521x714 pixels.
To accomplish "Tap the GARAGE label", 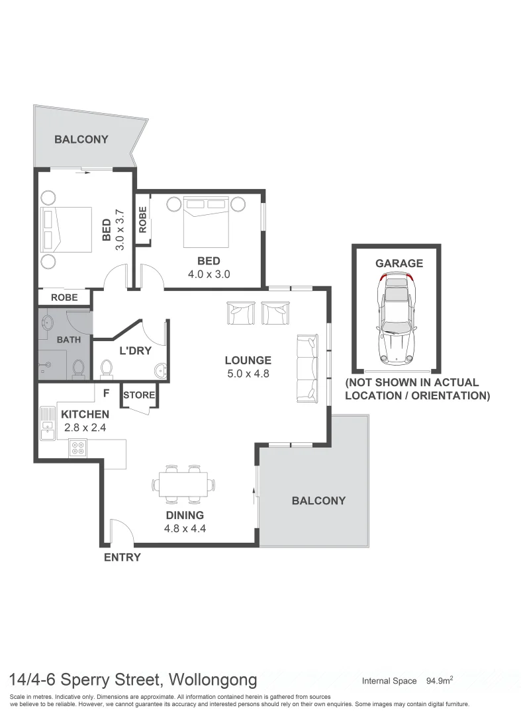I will point(399,263).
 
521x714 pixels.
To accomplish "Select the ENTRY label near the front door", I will point(122,557).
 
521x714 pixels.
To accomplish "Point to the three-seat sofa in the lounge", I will point(307,368).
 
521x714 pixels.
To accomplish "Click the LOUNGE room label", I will point(248,360).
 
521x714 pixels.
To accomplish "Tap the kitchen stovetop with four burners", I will point(77,448).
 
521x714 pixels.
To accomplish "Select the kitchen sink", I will point(47,423).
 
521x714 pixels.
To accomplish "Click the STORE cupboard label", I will point(139,395).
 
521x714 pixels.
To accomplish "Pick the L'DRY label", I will point(135,350).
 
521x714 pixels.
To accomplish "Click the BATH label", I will point(68,340).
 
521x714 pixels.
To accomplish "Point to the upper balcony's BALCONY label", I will point(81,139).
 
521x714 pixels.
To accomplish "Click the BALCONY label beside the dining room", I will point(318,500).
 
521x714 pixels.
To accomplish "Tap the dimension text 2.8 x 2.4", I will point(85,427).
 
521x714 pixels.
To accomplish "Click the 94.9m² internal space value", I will point(440,680).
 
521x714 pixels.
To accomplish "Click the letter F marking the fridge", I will point(106,393).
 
